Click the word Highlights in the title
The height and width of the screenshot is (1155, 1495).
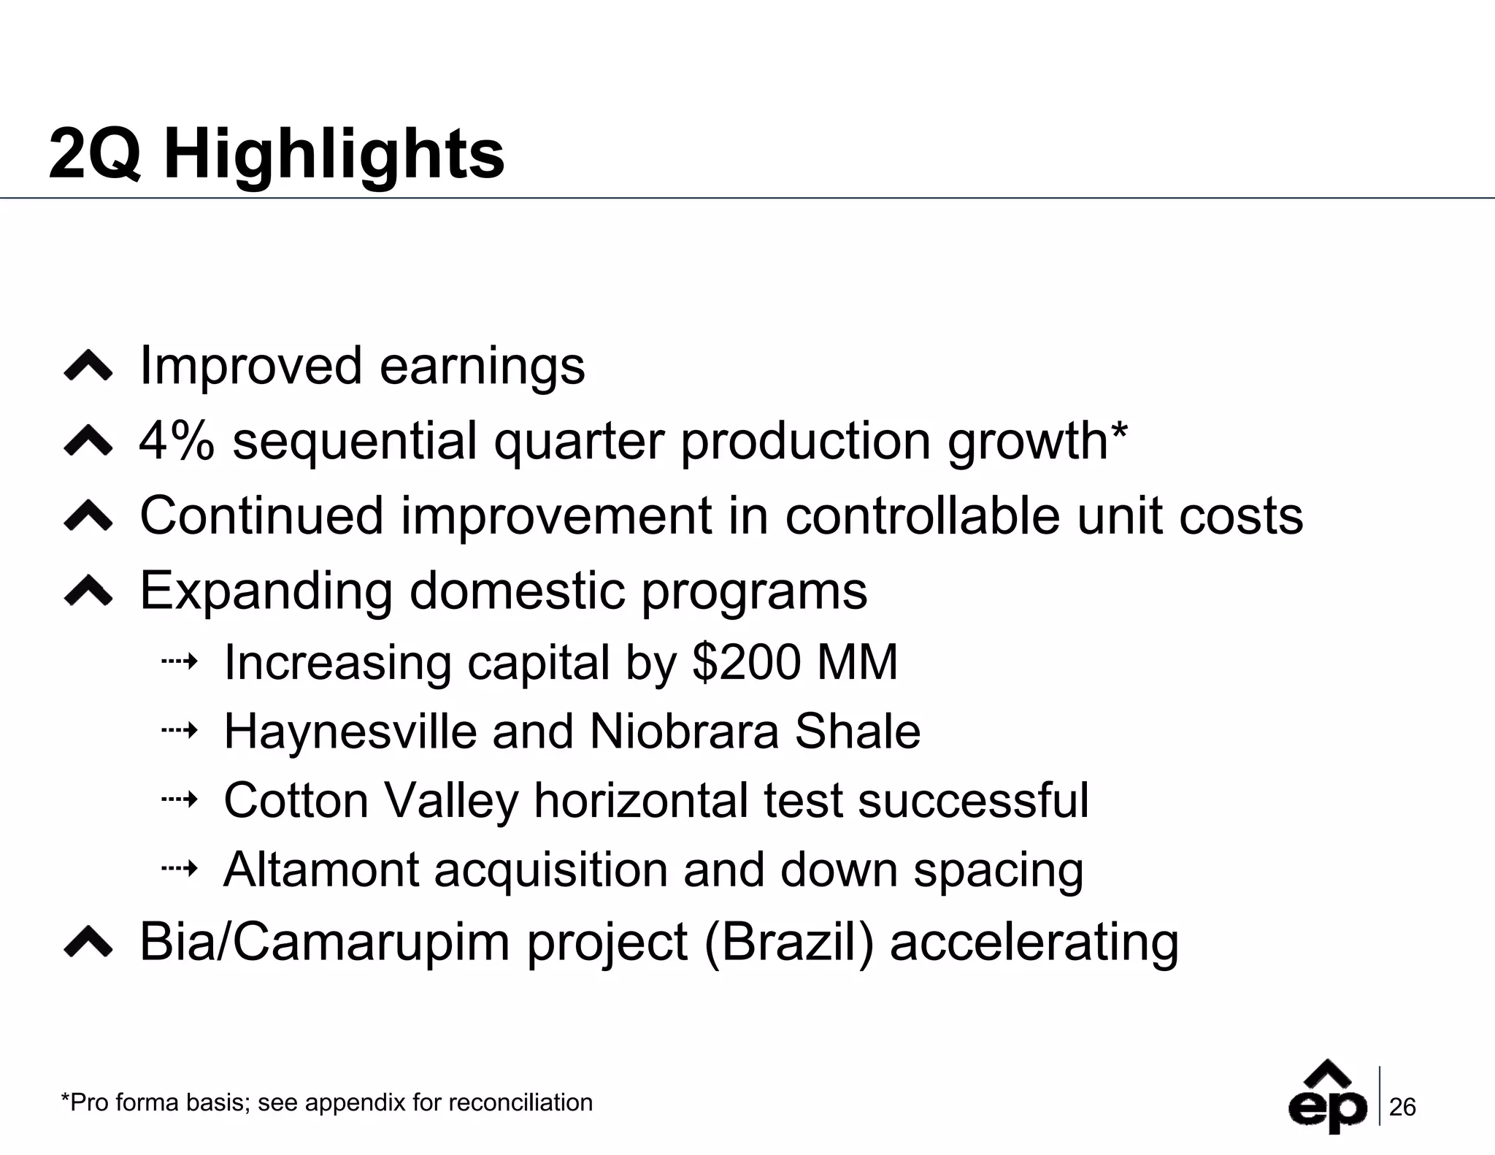pyautogui.click(x=334, y=155)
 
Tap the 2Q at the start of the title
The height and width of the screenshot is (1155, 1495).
pyautogui.click(x=94, y=155)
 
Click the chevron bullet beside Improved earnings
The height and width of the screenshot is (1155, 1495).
pyautogui.click(x=88, y=366)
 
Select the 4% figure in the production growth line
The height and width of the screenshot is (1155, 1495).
pyautogui.click(x=177, y=441)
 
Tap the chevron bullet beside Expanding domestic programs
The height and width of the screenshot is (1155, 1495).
pyautogui.click(x=88, y=591)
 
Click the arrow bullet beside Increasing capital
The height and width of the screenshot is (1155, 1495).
pyautogui.click(x=180, y=662)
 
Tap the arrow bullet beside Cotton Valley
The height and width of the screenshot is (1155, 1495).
pyautogui.click(x=180, y=800)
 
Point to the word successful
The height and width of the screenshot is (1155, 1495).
pyautogui.click(x=973, y=800)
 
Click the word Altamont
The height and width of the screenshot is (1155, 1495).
pyautogui.click(x=320, y=870)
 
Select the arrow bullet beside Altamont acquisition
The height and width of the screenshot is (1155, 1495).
pyautogui.click(x=180, y=869)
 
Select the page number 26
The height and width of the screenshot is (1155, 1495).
pyautogui.click(x=1402, y=1108)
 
